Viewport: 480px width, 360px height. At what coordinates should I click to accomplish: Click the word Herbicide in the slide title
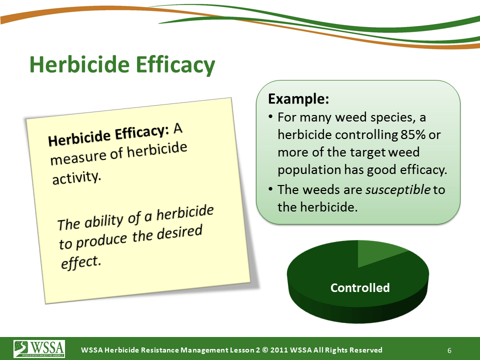(x=79, y=64)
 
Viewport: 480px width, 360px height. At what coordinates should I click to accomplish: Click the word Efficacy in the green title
(x=175, y=65)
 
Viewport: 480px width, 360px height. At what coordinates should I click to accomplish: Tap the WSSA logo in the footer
(x=39, y=348)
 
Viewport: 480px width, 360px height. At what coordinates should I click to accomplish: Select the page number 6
(x=449, y=350)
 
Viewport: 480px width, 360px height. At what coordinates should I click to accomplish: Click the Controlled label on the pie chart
(x=360, y=288)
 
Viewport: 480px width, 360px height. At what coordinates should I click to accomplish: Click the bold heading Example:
(x=298, y=98)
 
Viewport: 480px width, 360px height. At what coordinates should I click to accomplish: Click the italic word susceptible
(x=398, y=190)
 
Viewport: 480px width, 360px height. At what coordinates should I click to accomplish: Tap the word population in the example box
(x=309, y=170)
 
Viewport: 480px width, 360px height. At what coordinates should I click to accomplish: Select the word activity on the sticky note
(x=76, y=177)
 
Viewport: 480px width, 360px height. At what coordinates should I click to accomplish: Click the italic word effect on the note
(x=81, y=262)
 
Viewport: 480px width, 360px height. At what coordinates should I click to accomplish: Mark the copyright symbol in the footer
(x=265, y=350)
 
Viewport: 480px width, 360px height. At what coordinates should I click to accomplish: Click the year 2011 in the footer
(x=279, y=350)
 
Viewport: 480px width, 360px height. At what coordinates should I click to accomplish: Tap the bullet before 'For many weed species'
(x=270, y=117)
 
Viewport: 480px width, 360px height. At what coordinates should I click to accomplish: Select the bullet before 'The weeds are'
(x=270, y=189)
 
